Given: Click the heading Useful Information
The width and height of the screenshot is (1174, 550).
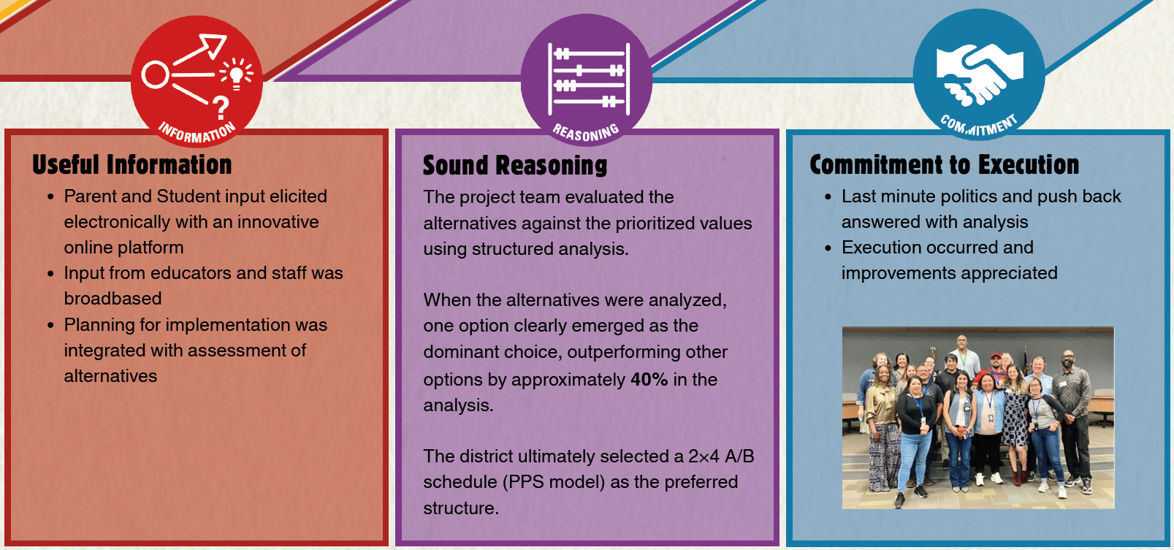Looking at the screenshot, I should pos(131,165).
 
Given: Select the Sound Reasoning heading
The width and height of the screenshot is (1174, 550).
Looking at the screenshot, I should pos(515,166).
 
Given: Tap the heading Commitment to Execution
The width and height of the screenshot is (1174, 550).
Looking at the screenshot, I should pos(944,165).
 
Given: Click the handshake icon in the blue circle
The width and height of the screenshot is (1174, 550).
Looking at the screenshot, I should pos(979,74).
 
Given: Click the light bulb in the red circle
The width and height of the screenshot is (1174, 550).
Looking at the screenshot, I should pos(236,74).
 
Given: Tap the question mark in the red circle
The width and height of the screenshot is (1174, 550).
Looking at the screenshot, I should pos(221,108).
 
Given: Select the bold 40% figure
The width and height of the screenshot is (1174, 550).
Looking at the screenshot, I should pos(649,380).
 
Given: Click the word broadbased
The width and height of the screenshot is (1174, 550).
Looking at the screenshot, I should pos(113,299).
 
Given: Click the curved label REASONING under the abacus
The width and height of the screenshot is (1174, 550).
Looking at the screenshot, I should pos(585,132).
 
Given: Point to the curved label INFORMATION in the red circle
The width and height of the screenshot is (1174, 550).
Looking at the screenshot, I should pos(197,132).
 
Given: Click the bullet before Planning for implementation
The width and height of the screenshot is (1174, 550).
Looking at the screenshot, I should pos(50,325).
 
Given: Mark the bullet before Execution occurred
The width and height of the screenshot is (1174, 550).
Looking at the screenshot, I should pos(828,248).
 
